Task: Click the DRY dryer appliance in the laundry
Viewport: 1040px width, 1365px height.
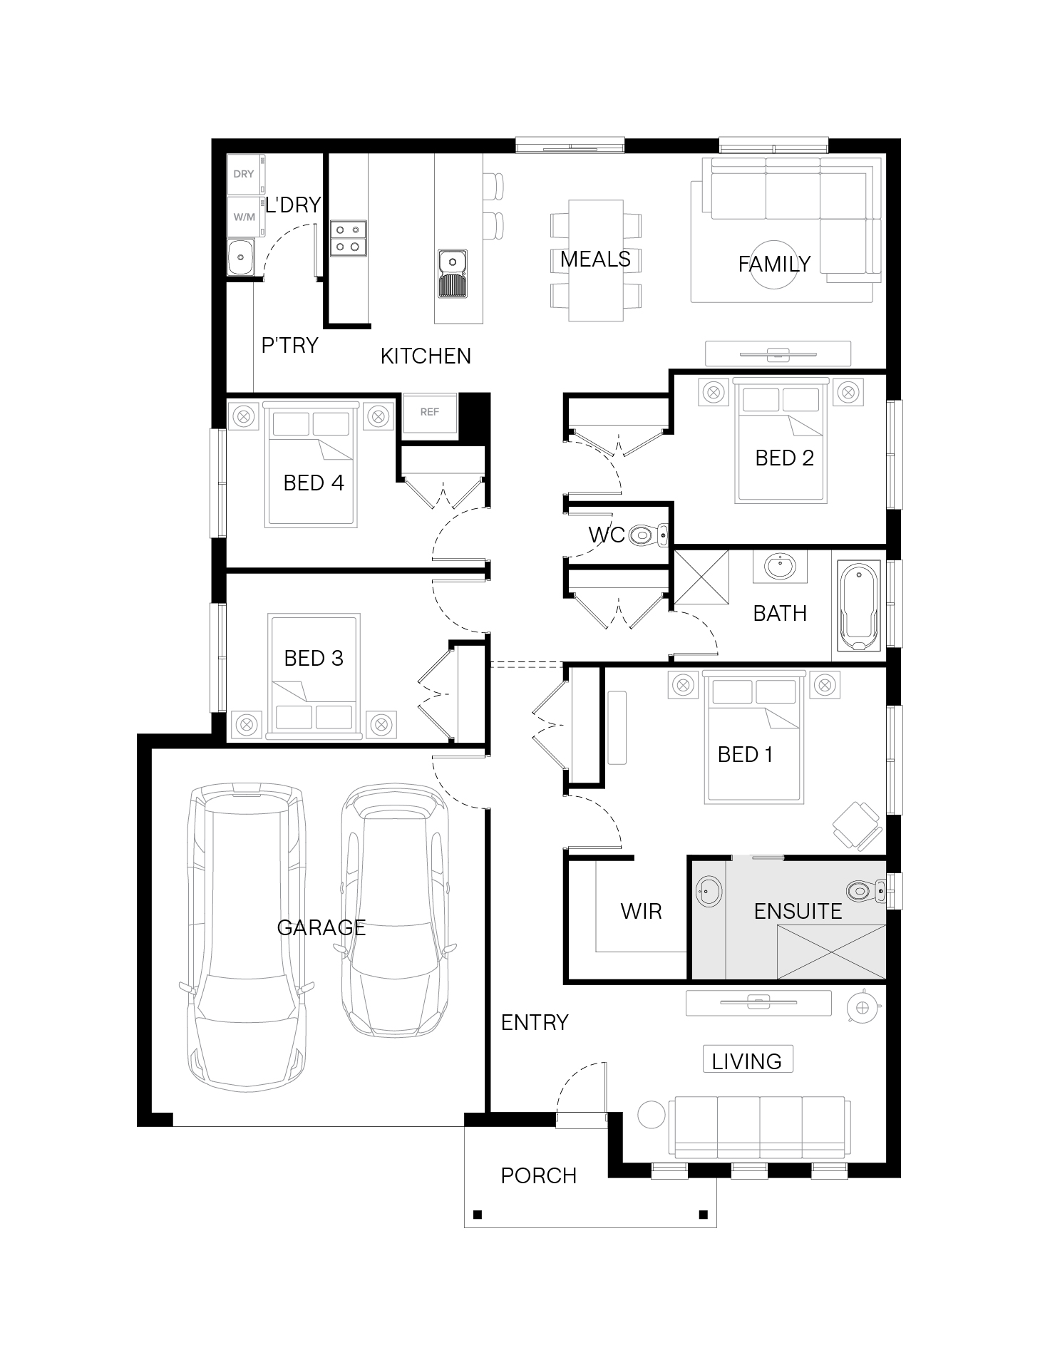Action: click(x=245, y=174)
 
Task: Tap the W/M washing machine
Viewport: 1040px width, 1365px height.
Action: click(x=245, y=217)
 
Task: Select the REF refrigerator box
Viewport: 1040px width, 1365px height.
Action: click(x=430, y=413)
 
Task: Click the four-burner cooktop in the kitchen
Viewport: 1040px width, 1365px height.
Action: click(x=349, y=239)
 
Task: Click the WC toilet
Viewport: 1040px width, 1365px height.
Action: click(x=650, y=534)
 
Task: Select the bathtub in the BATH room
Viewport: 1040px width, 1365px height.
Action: click(x=860, y=607)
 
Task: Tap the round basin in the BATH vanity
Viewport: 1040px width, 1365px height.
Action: click(x=781, y=567)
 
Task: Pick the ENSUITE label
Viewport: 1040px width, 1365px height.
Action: click(x=798, y=911)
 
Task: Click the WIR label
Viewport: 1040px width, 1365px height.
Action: click(x=641, y=911)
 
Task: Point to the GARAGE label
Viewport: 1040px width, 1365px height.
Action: click(x=321, y=927)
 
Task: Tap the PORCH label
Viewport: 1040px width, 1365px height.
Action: click(x=538, y=1175)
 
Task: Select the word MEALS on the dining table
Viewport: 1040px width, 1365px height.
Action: click(x=595, y=259)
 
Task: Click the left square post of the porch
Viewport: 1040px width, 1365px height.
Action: click(x=478, y=1214)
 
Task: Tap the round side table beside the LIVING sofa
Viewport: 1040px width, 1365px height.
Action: click(x=651, y=1115)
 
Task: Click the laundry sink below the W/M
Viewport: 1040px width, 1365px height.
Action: click(x=240, y=257)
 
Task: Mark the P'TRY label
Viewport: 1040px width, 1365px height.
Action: click(x=289, y=346)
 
